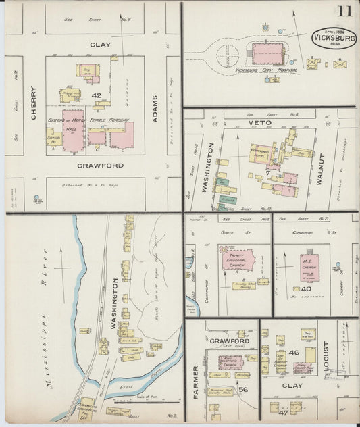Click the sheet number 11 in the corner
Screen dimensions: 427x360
pos(345,10)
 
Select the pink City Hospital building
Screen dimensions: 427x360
pos(264,52)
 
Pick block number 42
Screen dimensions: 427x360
pos(97,96)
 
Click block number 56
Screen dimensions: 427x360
pos(242,389)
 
